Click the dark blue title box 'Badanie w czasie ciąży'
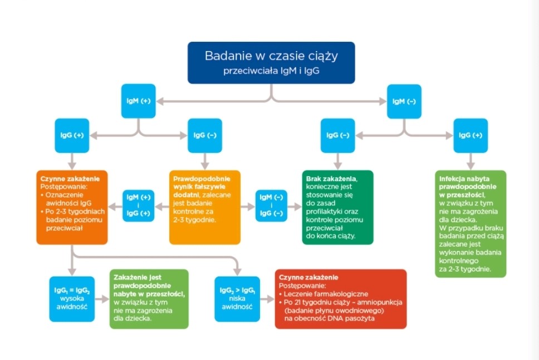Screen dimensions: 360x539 tap(271, 62)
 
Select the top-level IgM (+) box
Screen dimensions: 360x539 tap(139, 101)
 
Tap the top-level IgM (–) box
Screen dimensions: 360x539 tap(404, 101)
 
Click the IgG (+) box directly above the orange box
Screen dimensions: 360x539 tap(72, 135)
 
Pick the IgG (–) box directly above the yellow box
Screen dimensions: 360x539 tap(205, 135)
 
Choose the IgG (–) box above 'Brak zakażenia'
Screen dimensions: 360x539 tap(337, 135)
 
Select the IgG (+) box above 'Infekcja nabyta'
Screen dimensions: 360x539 tap(471, 135)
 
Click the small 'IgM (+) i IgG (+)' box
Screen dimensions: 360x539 tap(139, 206)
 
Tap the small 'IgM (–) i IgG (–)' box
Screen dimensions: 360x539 tap(271, 206)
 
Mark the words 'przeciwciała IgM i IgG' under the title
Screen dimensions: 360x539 tap(271, 71)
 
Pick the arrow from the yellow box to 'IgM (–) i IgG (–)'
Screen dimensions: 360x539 tap(248, 206)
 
